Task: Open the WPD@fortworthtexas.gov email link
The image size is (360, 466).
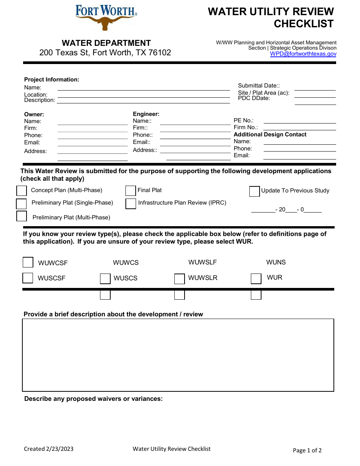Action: [x=303, y=54]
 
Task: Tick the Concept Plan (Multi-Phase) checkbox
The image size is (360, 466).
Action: [x=22, y=191]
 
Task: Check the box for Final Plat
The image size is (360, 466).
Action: [x=130, y=191]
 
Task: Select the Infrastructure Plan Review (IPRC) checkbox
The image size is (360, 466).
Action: [x=130, y=203]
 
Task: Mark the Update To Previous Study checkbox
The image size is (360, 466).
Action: [x=254, y=191]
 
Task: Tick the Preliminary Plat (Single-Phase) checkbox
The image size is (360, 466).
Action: [x=21, y=204]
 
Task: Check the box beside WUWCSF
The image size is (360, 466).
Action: [x=28, y=262]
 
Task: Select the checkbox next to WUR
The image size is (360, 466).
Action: [x=256, y=278]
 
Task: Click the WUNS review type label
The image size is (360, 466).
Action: [x=276, y=262]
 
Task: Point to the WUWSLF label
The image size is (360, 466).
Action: [x=202, y=262]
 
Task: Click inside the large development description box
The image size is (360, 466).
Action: [x=178, y=355]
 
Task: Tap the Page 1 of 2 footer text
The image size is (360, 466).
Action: [x=307, y=450]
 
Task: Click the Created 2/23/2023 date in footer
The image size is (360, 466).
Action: [x=49, y=449]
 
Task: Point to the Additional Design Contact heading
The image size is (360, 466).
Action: [x=270, y=134]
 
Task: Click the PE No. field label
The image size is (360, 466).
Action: [x=243, y=120]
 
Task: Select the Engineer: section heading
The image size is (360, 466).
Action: [x=146, y=114]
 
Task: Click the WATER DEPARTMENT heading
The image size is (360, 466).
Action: [x=106, y=43]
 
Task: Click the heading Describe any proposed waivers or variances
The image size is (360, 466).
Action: [x=93, y=399]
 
